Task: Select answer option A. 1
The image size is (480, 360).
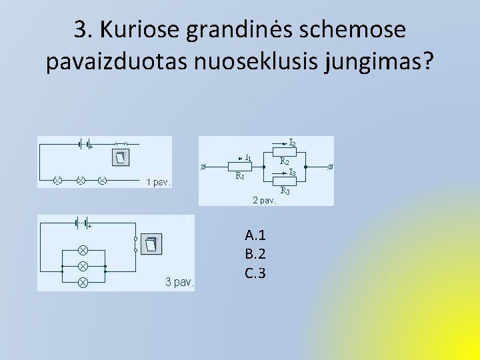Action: point(255,235)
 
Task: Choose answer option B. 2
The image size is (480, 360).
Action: point(255,253)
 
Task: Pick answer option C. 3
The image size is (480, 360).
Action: point(255,272)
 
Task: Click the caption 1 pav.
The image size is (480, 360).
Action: point(158,181)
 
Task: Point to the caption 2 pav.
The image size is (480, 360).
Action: point(264,199)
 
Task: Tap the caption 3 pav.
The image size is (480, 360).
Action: point(179,282)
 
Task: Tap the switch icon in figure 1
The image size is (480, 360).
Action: point(120,157)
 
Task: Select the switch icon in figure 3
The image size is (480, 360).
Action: point(153,245)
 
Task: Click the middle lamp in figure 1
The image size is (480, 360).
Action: point(81,180)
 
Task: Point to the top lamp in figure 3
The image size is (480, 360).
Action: point(83,250)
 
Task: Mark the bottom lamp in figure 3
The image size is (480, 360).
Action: point(83,283)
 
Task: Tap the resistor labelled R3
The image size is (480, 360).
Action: point(283,181)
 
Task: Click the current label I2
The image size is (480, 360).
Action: point(293,142)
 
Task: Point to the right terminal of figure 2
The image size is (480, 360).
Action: point(331,166)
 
